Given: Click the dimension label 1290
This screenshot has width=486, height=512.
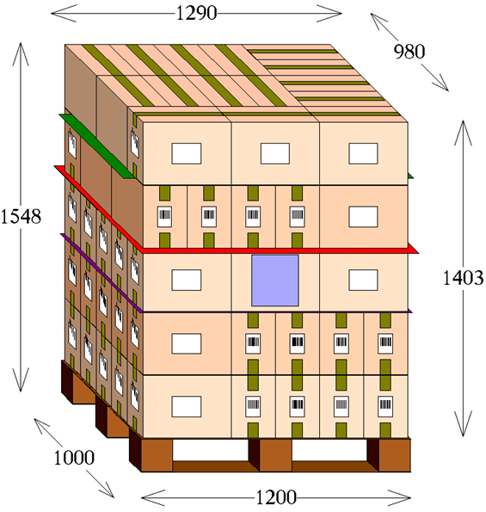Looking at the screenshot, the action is coord(196,14).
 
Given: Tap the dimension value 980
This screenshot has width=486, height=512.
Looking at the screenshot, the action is coord(409,52).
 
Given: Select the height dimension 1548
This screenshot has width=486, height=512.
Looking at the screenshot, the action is coord(21,216).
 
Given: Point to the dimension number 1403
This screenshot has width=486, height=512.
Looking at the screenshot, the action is coord(463,278).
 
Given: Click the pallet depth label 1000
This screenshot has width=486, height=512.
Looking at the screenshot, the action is coord(74,457).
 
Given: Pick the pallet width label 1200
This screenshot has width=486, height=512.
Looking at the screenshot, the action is coord(276,497).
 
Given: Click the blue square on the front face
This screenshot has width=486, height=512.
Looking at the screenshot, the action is coord(274,281).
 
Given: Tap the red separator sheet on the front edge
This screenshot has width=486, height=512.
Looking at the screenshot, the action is coord(278,250).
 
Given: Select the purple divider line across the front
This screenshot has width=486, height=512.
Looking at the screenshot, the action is coord(276,312).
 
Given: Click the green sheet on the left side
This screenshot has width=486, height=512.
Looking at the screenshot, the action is coord(96,146).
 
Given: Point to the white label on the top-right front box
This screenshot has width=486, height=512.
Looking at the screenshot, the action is coord(363,153).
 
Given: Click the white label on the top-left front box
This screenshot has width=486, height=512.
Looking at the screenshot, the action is coord(187,153).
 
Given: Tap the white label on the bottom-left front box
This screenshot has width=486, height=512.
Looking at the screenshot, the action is coord(187,406).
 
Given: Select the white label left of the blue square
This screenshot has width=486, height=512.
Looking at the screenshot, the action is coord(187,281).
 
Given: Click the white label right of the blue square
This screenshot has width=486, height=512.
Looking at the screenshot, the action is coord(363,281).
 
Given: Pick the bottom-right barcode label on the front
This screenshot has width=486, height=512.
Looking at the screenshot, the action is coord(385,406).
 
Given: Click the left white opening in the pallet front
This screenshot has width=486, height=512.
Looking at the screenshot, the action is coord(211,450).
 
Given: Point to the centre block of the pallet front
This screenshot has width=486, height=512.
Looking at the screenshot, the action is coord(275,455).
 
